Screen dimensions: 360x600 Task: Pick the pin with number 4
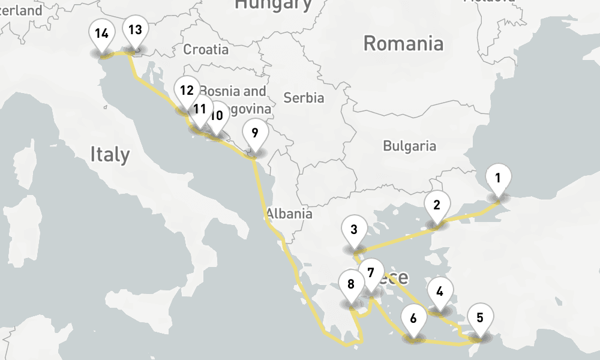coord(440,293)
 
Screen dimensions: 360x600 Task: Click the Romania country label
coord(403,43)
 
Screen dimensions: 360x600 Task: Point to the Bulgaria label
coord(409,146)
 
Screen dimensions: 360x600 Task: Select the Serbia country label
coord(304,98)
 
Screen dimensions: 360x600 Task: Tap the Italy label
coord(110,154)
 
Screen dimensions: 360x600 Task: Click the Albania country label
coord(289,214)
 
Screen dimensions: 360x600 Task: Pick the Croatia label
coord(206,49)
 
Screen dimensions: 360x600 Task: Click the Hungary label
coord(273,5)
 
